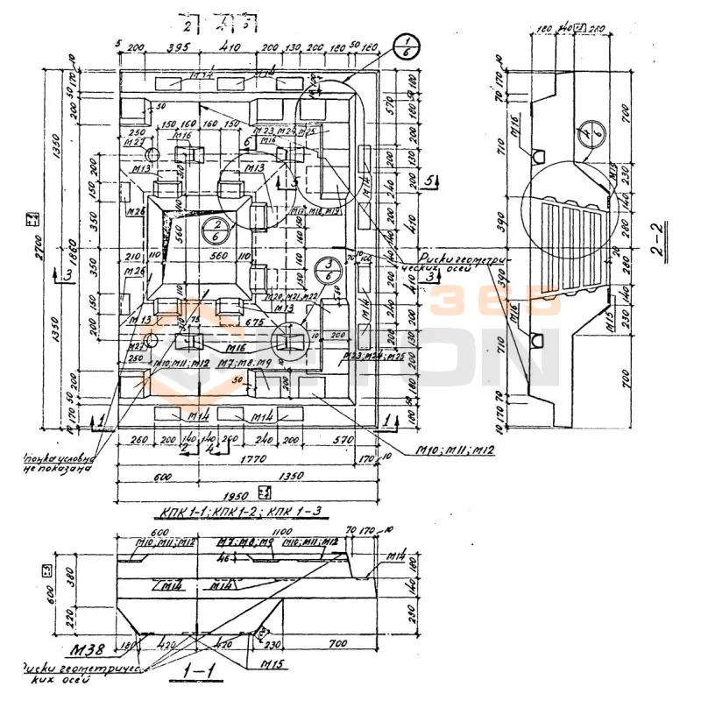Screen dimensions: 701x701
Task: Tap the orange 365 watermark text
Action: point(495,303)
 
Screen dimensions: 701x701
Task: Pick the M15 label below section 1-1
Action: point(271,664)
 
